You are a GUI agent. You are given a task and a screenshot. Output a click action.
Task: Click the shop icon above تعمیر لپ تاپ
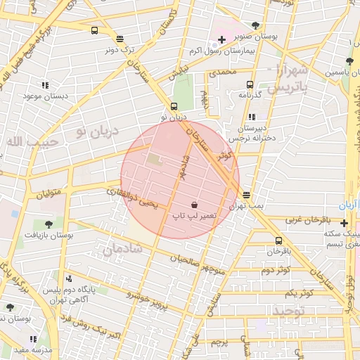(x=194, y=204)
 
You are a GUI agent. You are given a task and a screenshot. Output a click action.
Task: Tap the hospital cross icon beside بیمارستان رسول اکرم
(x=221, y=39)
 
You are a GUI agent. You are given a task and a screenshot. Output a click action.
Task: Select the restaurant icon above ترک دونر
(x=120, y=39)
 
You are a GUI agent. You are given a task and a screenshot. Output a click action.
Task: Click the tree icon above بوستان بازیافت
(x=49, y=223)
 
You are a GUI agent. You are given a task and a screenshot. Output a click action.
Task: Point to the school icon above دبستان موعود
(x=46, y=85)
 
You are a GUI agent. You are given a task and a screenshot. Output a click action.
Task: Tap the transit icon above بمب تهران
(x=246, y=195)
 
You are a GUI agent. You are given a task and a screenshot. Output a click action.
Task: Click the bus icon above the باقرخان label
(x=279, y=241)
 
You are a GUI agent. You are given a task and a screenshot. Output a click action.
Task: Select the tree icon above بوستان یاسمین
(x=349, y=62)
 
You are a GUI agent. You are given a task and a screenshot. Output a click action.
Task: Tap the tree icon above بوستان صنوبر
(x=255, y=26)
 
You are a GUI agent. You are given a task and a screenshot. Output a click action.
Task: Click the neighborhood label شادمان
(x=122, y=249)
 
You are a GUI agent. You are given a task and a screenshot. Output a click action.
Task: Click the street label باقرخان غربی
(x=307, y=220)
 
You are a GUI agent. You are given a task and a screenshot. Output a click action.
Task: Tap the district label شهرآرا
(x=288, y=71)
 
